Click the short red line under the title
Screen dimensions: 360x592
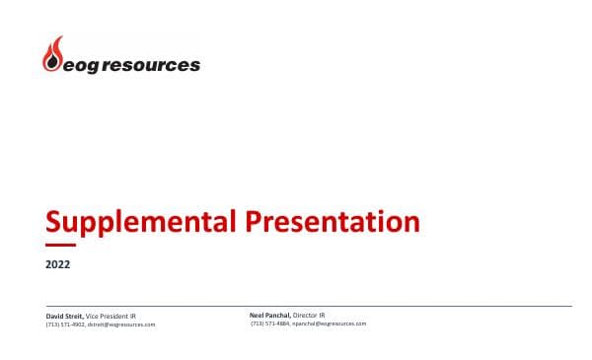[60, 245]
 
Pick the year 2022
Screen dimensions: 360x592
[58, 264]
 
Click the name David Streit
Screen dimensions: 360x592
[64, 316]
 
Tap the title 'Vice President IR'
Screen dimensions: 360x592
[111, 316]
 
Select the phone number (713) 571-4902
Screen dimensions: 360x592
[65, 324]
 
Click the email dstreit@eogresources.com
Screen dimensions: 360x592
[121, 324]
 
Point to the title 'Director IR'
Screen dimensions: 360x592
[310, 315]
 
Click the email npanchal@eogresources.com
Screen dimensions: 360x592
[330, 324]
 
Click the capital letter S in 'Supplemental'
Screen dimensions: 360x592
[55, 221]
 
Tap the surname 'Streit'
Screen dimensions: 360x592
[73, 316]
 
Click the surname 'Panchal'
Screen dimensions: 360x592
[277, 315]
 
